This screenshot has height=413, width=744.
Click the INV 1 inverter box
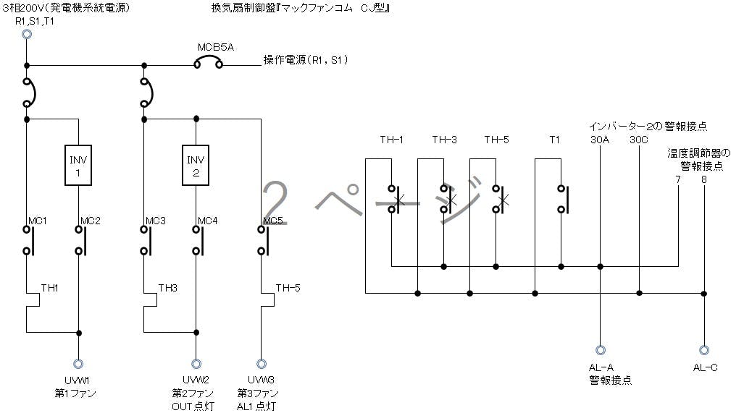[80, 166]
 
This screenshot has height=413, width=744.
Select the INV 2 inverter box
[196, 166]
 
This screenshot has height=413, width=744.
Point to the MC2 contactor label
[89, 220]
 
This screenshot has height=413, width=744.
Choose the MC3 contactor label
[155, 220]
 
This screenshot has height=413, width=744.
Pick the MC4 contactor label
[207, 220]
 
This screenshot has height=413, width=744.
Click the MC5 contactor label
[272, 221]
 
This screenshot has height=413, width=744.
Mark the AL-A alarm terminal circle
[601, 349]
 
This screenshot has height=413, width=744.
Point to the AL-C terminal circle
[704, 349]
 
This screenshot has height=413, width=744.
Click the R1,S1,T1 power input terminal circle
[27, 33]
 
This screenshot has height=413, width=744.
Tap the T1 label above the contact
[555, 140]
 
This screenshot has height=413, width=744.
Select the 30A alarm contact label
[601, 140]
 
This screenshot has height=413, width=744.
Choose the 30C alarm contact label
[639, 140]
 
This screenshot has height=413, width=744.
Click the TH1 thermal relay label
[49, 288]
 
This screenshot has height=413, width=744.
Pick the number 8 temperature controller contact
[704, 179]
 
